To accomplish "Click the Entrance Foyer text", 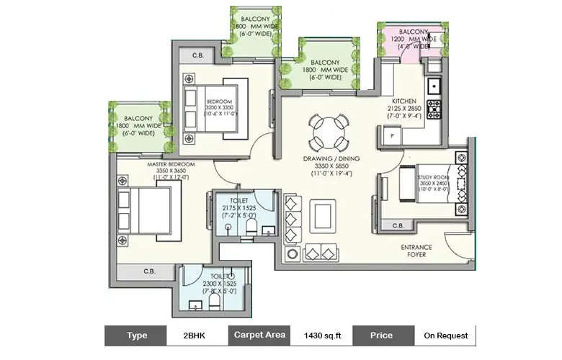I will [x=416, y=251].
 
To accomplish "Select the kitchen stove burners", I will [x=434, y=109].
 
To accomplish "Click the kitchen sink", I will [x=434, y=86].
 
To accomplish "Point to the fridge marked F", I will [x=391, y=135].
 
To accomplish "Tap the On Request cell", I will [x=445, y=336].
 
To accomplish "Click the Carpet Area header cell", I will [x=257, y=336].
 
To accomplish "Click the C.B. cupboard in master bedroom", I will [x=150, y=271].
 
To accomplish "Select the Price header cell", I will [x=381, y=336].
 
